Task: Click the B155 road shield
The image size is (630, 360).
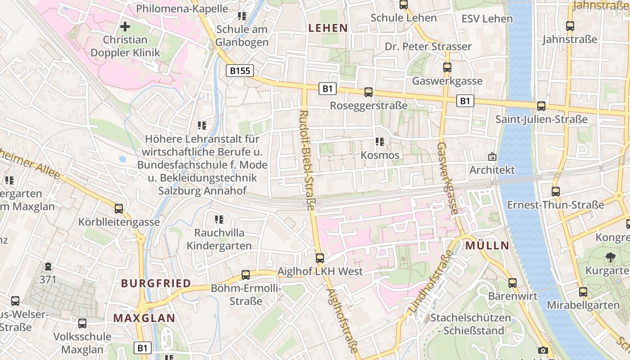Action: click(239, 71)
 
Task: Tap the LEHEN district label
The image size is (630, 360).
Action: click(328, 28)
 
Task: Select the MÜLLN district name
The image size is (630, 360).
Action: click(487, 246)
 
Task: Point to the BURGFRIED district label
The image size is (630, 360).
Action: click(156, 283)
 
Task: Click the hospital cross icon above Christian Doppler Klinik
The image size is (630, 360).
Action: click(125, 27)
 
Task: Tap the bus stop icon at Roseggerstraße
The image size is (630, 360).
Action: click(369, 92)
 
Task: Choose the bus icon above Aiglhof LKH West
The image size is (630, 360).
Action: click(320, 258)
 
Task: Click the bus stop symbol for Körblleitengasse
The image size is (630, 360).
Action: click(119, 209)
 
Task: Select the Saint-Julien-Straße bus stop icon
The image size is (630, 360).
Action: click(541, 106)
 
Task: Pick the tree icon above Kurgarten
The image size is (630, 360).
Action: click(611, 257)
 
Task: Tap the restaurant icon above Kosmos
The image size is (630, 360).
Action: click(380, 142)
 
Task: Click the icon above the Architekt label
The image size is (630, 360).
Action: click(492, 157)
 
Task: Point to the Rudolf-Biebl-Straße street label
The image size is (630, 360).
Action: click(308, 160)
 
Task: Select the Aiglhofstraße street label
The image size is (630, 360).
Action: click(342, 320)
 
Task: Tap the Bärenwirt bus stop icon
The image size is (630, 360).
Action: click(513, 283)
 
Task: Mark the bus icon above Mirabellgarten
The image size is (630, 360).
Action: click(583, 292)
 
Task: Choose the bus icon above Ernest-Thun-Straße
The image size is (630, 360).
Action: click(556, 192)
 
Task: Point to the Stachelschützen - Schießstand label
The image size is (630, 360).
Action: click(471, 324)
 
